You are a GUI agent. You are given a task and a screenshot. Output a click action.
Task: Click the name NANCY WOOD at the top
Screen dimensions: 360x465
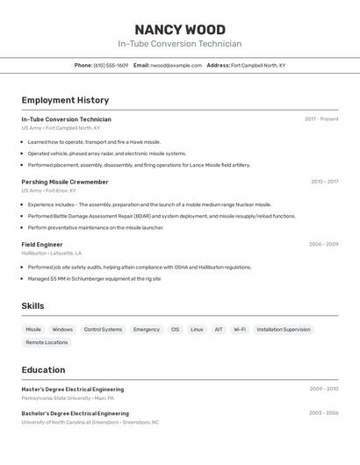[180, 29]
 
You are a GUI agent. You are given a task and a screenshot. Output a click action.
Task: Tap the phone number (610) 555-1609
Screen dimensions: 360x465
[111, 65]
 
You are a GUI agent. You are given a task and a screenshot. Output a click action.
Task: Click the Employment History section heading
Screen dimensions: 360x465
[65, 100]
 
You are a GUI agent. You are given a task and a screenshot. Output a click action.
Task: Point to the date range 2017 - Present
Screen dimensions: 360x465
[321, 119]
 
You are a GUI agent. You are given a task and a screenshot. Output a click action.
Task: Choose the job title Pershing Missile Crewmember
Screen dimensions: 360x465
[65, 182]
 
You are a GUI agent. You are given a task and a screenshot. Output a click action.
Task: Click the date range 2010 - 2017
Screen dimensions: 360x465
[324, 182]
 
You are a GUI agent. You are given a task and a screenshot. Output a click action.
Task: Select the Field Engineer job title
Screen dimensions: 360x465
[42, 244]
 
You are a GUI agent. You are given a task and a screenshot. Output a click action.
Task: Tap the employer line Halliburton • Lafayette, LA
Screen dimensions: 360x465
[57, 253]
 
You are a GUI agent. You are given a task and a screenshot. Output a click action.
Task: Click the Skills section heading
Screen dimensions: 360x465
[33, 306]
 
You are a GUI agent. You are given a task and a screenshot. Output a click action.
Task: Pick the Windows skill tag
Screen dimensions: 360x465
[62, 330]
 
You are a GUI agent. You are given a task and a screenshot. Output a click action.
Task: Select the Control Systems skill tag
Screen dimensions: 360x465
[103, 330]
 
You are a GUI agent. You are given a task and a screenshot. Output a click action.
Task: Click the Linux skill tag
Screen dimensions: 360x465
[197, 330]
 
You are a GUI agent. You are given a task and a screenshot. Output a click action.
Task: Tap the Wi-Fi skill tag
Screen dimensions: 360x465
[239, 330]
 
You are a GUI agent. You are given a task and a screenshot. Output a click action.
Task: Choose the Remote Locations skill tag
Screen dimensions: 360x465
[47, 342]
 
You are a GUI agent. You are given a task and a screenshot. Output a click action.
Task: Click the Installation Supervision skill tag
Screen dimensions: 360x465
[284, 330]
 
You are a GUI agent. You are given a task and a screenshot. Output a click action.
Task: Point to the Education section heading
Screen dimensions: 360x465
[43, 369]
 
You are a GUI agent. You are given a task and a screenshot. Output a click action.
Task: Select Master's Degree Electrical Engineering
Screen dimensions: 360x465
[73, 389]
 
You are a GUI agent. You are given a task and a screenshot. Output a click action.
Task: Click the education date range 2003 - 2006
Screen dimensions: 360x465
[324, 412]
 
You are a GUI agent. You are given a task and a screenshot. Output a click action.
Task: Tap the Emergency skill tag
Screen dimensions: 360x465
[147, 330]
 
